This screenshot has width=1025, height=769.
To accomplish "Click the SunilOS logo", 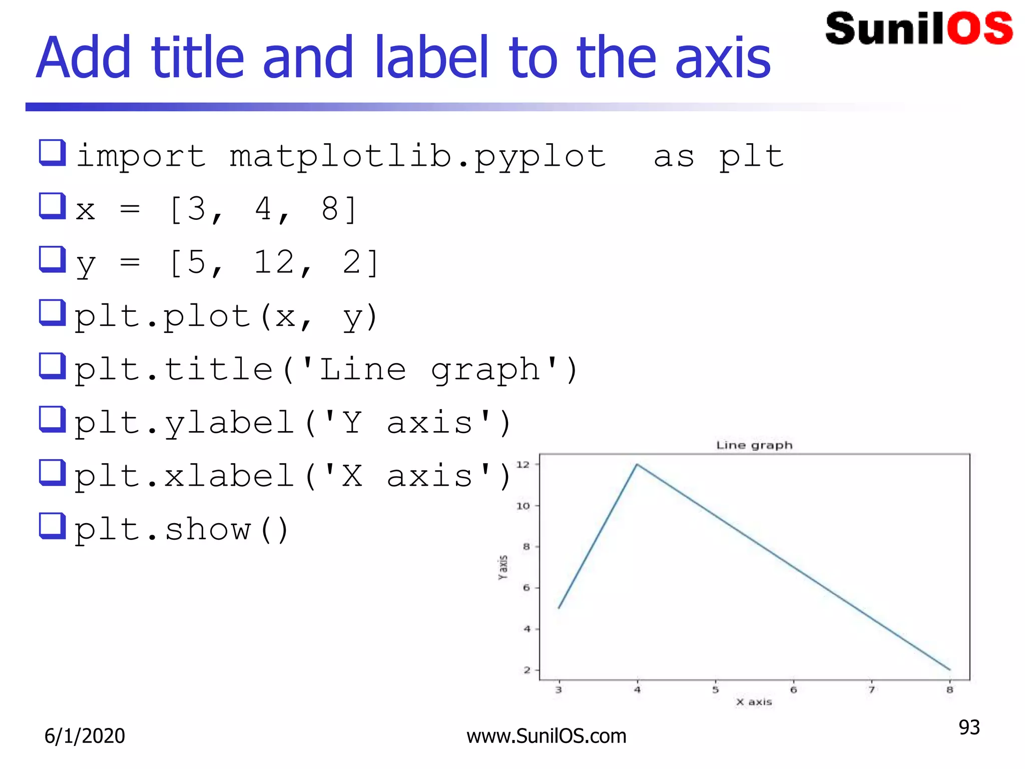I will click(918, 29).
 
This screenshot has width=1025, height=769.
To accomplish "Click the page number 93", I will click(969, 727).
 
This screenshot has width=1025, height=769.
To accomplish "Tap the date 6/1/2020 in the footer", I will click(85, 736).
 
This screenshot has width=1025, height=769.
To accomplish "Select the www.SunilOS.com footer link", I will click(546, 736).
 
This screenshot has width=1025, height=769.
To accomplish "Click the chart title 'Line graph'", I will click(754, 445).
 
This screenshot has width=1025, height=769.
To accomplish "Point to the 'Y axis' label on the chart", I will click(503, 567).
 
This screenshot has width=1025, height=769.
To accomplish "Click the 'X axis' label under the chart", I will click(754, 702).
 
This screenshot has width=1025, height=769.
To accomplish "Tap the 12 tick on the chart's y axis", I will click(523, 465).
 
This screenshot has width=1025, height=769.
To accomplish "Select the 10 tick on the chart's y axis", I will click(523, 506).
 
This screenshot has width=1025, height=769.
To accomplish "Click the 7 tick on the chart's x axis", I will click(871, 690).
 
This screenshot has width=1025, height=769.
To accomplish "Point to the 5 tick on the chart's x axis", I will click(715, 690).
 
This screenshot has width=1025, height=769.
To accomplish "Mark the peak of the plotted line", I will click(637, 465).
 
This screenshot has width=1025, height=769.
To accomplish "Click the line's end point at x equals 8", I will click(949, 669).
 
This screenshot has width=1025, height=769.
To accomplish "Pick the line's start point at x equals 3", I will click(559, 608).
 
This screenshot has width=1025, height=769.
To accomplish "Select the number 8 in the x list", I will click(330, 209).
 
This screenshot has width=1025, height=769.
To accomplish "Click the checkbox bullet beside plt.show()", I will click(52, 526).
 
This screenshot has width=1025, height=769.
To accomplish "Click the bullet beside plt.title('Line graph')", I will click(52, 366).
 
